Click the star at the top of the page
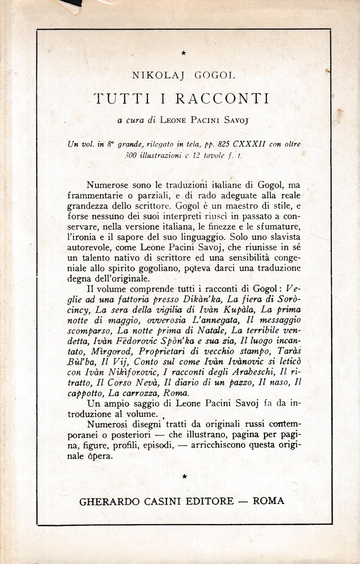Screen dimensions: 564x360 tap(184, 53)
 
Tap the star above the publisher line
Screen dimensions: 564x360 tap(184, 476)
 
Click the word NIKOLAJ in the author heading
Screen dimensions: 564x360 tap(151, 75)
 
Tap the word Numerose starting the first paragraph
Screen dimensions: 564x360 tap(104, 185)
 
